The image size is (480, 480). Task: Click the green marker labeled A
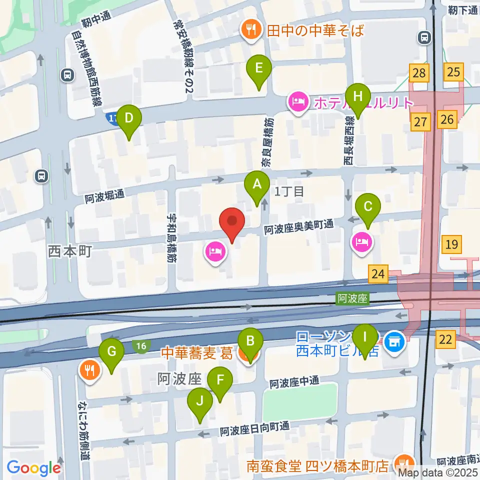[256, 185]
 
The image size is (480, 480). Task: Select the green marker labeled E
[258, 69]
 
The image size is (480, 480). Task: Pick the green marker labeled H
[357, 96]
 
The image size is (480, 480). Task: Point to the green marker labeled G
[111, 352]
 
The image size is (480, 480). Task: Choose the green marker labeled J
[200, 401]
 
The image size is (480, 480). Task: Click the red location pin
[232, 221]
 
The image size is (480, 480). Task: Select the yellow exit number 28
[419, 73]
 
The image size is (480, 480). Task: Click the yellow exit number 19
[451, 244]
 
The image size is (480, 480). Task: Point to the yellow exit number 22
[445, 340]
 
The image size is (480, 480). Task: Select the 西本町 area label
[70, 251]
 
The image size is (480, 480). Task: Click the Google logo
[34, 468]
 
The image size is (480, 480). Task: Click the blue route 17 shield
[112, 118]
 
